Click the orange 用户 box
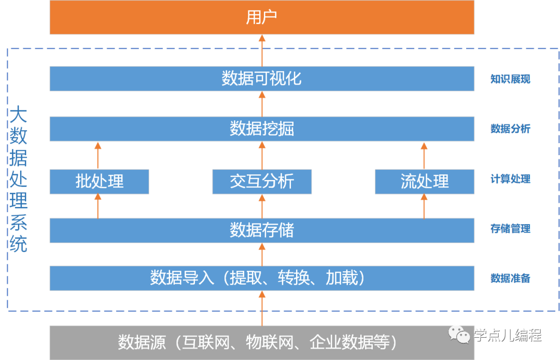[262, 18]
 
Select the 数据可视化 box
[262, 78]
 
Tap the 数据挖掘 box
[262, 129]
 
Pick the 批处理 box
[99, 182]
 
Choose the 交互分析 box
[262, 182]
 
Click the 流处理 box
[424, 182]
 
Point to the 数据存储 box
[262, 230]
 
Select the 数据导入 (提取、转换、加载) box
[262, 278]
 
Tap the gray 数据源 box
[262, 342]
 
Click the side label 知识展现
[510, 79]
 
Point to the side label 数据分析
[510, 129]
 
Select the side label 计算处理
[510, 179]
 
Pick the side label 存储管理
[510, 229]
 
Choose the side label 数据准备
[510, 279]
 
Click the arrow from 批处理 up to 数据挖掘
[97, 155]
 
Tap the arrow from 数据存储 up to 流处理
[424, 206]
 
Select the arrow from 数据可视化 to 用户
[262, 50]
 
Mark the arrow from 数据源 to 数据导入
[262, 308]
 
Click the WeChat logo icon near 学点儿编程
[460, 334]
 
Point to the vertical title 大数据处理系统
[19, 179]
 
